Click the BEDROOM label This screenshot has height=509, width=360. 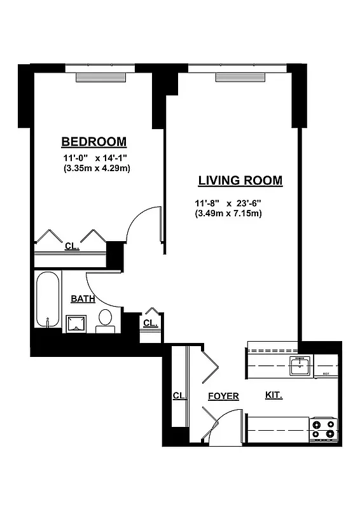(x=93, y=141)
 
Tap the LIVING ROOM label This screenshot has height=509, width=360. (x=240, y=181)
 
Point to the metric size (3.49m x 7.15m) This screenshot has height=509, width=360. (x=228, y=214)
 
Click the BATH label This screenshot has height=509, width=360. (x=83, y=298)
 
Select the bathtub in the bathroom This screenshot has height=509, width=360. (x=48, y=299)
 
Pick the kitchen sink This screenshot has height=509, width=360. (x=298, y=366)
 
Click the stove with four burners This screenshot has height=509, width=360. (x=322, y=429)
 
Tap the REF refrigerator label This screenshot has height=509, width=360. (x=326, y=374)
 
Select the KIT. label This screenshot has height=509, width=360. (x=273, y=395)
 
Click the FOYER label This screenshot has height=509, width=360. (x=223, y=396)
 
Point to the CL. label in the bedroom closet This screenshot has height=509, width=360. (x=72, y=246)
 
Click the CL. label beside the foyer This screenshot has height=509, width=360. (x=179, y=396)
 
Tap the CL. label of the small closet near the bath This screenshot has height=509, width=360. (x=150, y=323)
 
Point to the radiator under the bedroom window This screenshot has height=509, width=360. (x=102, y=78)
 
